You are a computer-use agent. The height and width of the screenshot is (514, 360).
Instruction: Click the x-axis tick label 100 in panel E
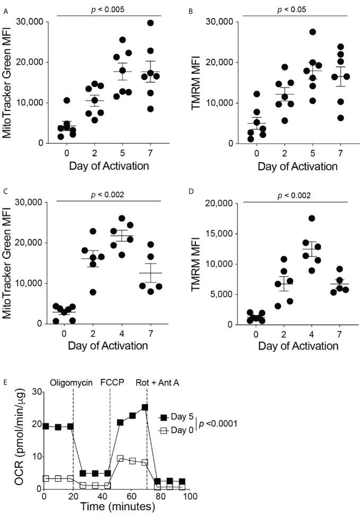(190, 497)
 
